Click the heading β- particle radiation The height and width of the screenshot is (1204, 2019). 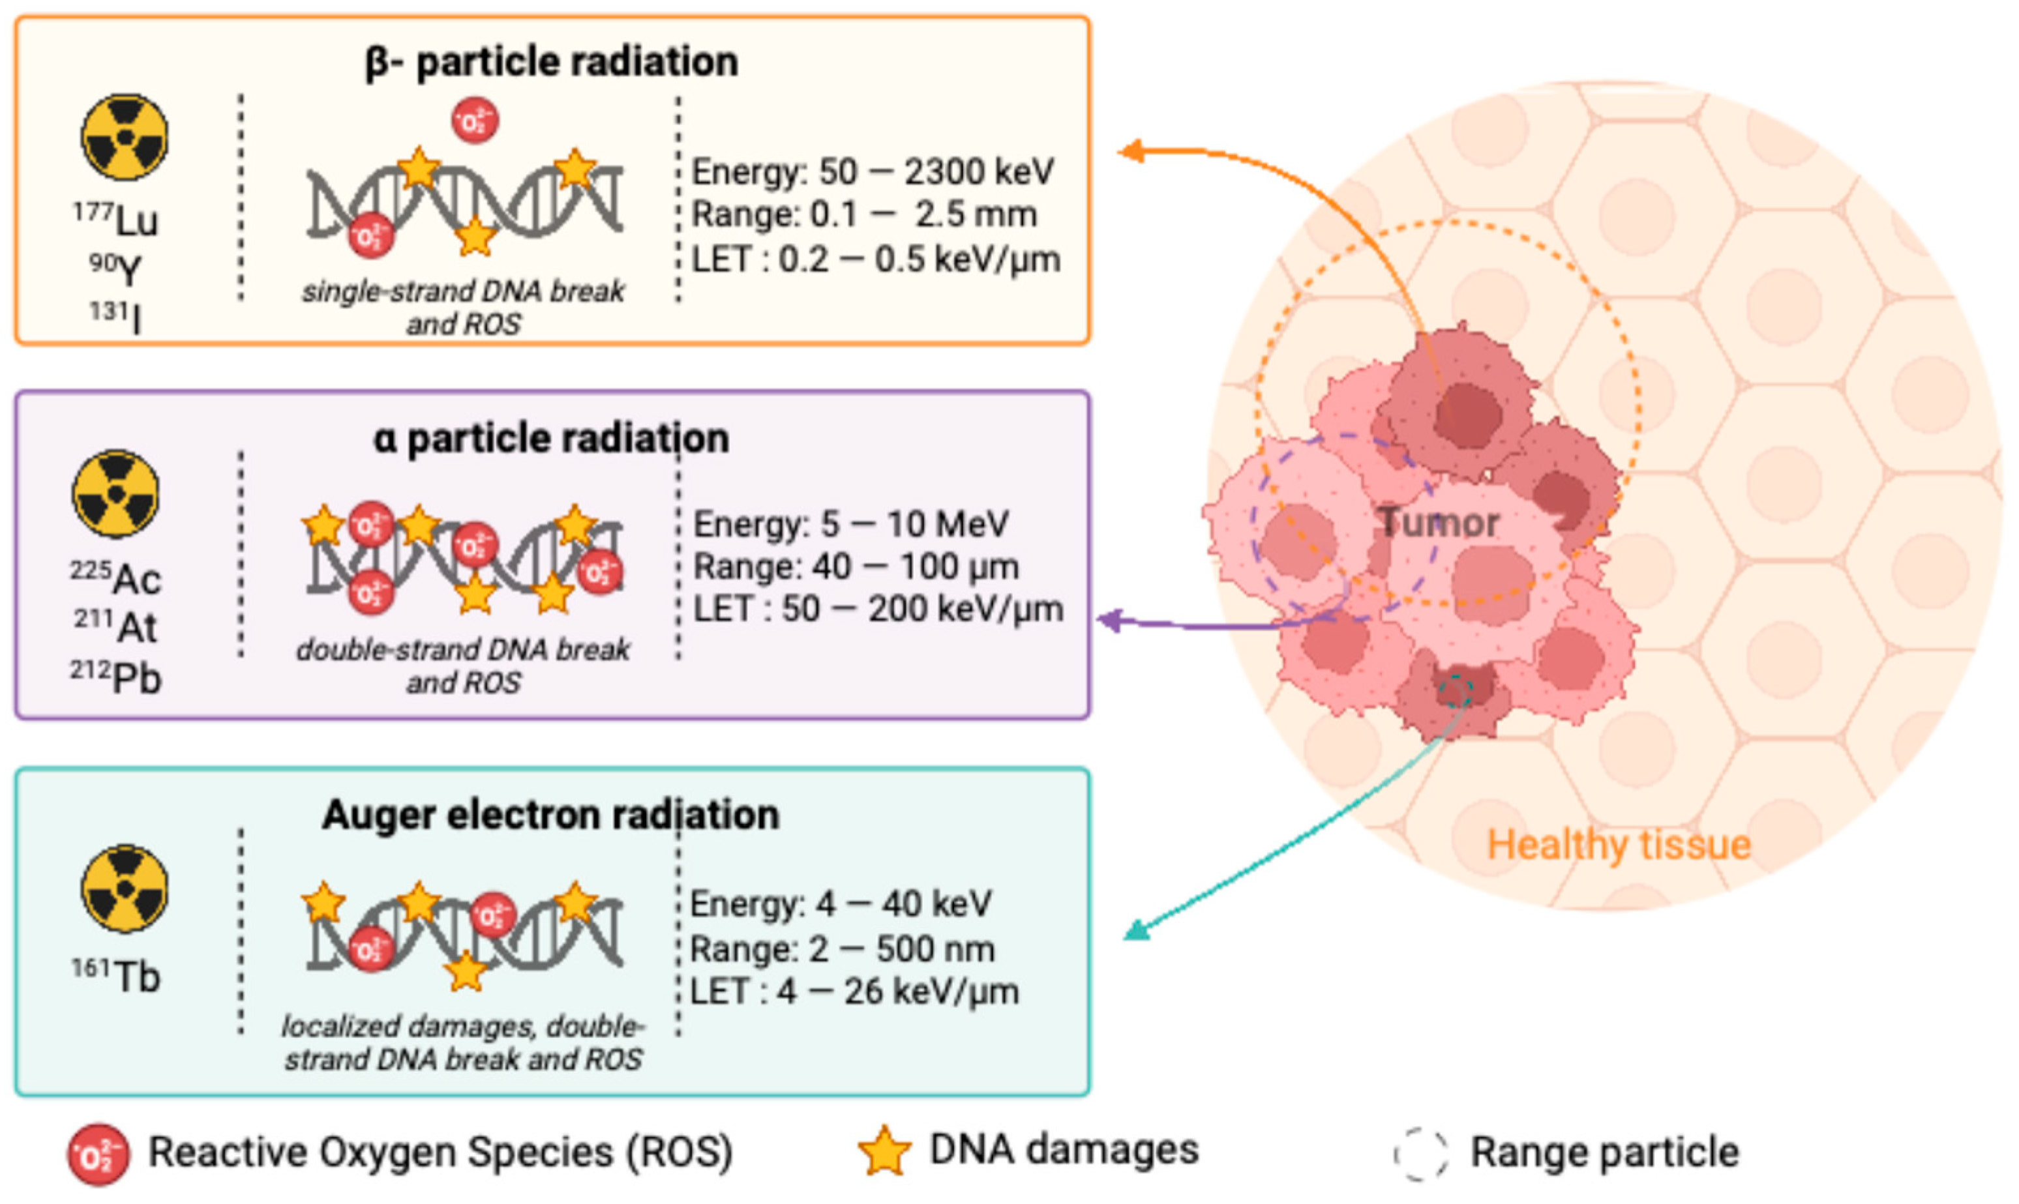pyautogui.click(x=552, y=63)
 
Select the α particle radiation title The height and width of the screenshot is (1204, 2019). pyautogui.click(x=552, y=439)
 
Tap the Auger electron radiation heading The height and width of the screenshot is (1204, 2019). pyautogui.click(x=551, y=815)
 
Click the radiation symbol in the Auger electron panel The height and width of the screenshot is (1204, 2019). pyautogui.click(x=124, y=888)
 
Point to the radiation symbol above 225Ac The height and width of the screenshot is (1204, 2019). pyautogui.click(x=116, y=494)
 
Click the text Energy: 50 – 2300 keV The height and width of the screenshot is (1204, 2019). pyautogui.click(x=873, y=172)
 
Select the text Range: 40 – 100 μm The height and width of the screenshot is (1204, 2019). pyautogui.click(x=856, y=566)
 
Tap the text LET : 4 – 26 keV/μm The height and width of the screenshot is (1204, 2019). pyautogui.click(x=854, y=991)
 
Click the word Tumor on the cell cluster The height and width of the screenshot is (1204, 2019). pyautogui.click(x=1438, y=521)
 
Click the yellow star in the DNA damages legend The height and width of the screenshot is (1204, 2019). pyautogui.click(x=884, y=1151)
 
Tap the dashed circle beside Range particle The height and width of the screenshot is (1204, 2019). pyautogui.click(x=1420, y=1153)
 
